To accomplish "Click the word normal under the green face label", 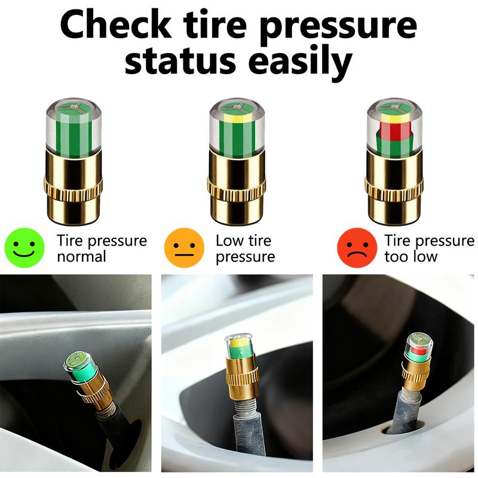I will [x=81, y=257].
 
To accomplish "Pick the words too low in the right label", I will [x=411, y=257].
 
